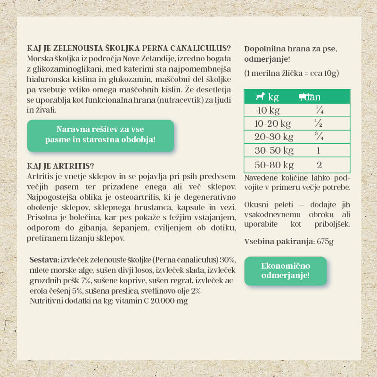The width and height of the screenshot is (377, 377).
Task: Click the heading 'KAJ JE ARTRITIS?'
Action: pos(61,166)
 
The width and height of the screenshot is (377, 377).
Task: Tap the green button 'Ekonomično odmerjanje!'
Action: pos(285,271)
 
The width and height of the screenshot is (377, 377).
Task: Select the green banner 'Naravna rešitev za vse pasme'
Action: pos(100,135)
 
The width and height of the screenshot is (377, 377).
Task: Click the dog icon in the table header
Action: pos(260,97)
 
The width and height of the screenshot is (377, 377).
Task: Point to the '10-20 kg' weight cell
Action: pos(272,124)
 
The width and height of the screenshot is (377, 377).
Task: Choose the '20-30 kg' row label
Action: pos(274,137)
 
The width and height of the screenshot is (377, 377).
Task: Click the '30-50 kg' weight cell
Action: pos(274,151)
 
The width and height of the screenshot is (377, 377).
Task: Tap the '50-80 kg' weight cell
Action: pos(274,165)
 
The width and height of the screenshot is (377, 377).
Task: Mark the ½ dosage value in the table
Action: pos(319,124)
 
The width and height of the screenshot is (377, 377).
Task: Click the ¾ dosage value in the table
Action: pos(319,137)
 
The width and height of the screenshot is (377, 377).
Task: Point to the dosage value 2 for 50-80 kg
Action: pos(319,165)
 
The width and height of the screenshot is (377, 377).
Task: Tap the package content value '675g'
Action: pos(325,242)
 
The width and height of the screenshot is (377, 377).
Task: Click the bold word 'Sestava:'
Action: pos(44,260)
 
